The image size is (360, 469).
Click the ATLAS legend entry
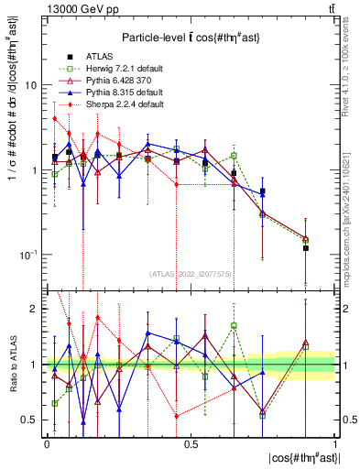click(92, 54)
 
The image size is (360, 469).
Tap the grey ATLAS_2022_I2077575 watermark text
click(191, 273)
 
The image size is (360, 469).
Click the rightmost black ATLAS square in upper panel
click(306, 248)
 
